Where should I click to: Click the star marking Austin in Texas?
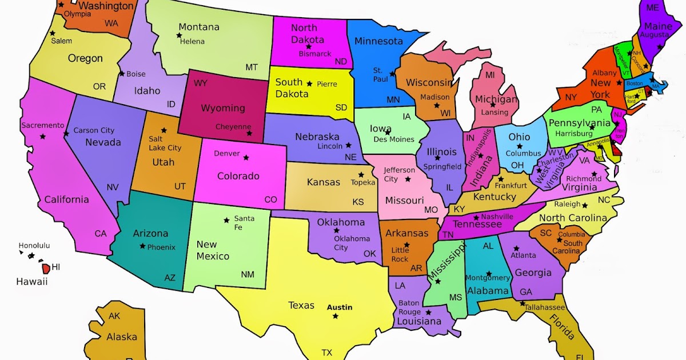click(335, 316)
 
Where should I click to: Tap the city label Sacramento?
click(43, 125)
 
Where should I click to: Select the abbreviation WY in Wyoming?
click(200, 83)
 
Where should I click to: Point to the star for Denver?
click(246, 157)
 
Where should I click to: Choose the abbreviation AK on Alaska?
click(114, 316)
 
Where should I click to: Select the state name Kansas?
click(324, 182)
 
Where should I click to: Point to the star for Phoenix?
click(142, 246)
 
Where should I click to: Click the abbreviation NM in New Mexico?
click(248, 274)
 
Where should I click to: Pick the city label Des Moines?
click(394, 139)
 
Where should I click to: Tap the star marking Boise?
click(122, 74)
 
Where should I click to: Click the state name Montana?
click(199, 27)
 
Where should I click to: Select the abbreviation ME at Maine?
click(652, 7)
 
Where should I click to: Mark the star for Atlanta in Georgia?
click(516, 248)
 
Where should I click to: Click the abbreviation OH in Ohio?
click(517, 165)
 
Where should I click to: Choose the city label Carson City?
click(94, 130)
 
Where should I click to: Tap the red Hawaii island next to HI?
click(45, 267)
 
